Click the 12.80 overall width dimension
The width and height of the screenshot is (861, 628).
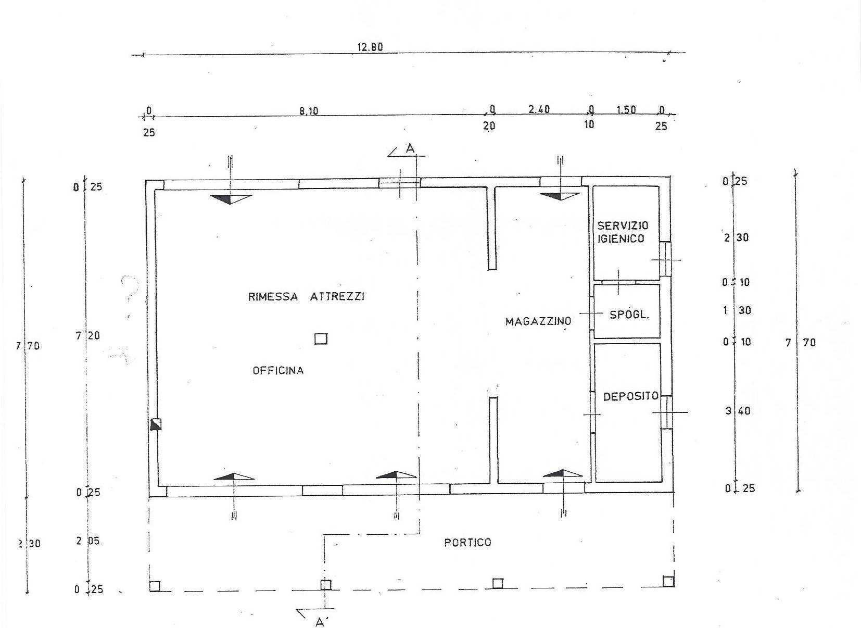click(x=370, y=47)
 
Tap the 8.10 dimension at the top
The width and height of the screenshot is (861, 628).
click(x=308, y=111)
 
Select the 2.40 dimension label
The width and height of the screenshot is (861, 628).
click(x=539, y=109)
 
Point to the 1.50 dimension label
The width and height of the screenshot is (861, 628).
click(x=626, y=110)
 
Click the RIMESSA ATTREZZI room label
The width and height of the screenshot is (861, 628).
click(x=306, y=297)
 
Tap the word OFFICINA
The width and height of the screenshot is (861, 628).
click(x=278, y=371)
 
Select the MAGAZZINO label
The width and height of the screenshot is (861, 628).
click(x=538, y=321)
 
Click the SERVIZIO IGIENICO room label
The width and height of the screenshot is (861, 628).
click(x=623, y=232)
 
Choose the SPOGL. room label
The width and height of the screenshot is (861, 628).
click(x=629, y=315)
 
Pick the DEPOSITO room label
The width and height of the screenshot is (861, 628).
click(x=630, y=396)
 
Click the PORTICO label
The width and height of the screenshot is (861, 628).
click(x=467, y=543)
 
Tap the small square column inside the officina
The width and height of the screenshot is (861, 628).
click(x=321, y=339)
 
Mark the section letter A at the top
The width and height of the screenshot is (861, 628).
click(x=410, y=149)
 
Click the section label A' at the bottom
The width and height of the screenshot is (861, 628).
click(x=320, y=621)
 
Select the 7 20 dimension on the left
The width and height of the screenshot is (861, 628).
click(x=87, y=336)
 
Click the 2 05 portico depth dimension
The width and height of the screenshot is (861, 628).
click(x=87, y=541)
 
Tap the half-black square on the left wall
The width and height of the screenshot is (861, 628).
click(x=156, y=424)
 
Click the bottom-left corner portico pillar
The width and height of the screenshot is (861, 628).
click(x=155, y=586)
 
